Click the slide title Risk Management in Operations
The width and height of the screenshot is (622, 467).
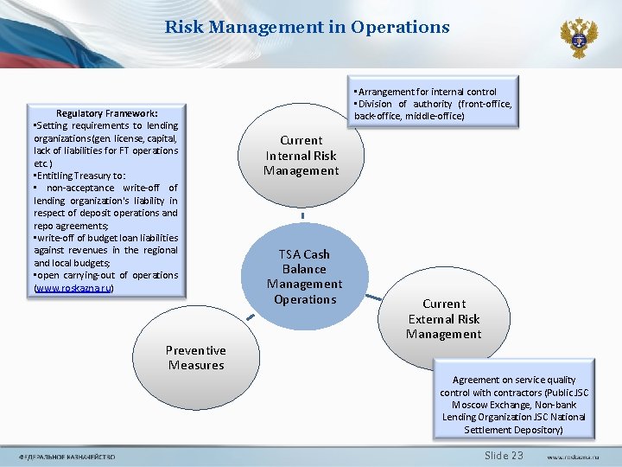coord(307,27)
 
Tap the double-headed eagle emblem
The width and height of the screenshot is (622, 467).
coord(578,37)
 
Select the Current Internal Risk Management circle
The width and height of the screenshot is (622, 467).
coord(301,156)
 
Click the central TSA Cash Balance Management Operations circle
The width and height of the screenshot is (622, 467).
coord(304,277)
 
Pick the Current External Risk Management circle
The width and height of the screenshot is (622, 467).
coord(444,318)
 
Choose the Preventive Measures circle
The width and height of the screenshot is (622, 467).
coord(196,357)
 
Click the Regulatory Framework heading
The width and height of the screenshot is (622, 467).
coord(106,113)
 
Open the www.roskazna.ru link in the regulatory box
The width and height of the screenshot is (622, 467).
coord(73,288)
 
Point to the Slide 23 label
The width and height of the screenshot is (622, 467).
coord(504,456)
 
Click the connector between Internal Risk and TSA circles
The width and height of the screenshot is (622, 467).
coord(303,215)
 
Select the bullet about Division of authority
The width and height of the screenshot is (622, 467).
coord(432,104)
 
